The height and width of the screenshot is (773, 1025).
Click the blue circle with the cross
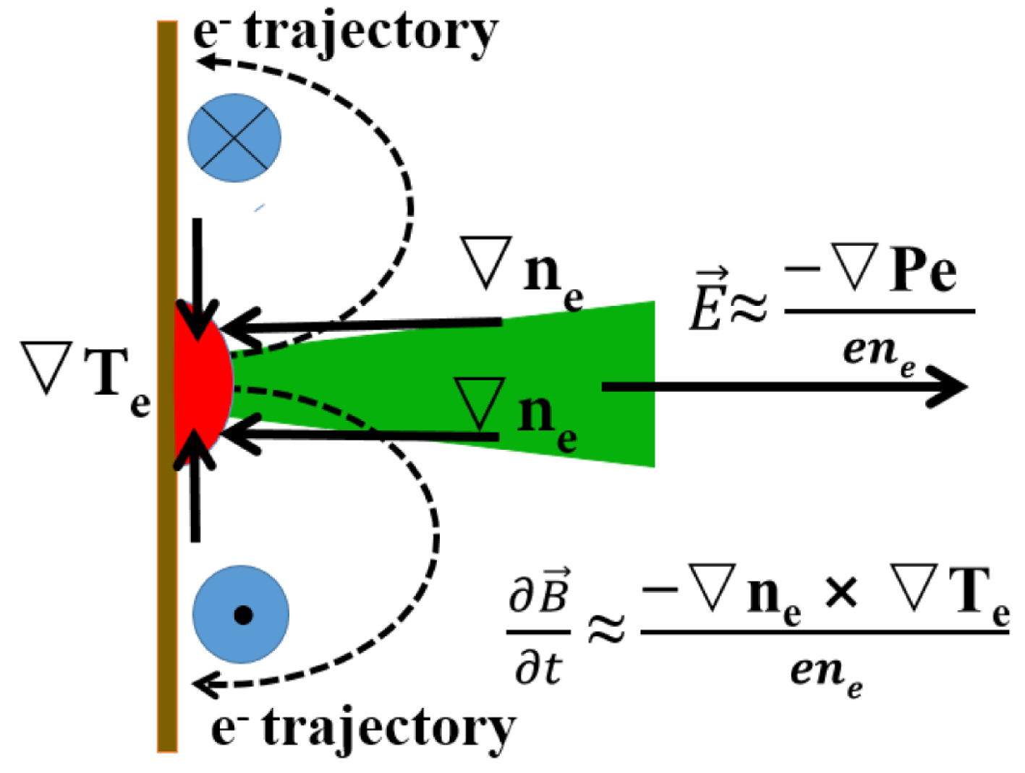click(234, 137)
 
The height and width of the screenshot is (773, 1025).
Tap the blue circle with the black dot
click(241, 615)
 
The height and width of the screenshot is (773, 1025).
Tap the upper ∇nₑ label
click(522, 273)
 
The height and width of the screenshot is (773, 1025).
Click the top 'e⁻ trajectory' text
click(346, 33)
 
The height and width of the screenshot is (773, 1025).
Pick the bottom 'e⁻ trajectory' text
click(363, 729)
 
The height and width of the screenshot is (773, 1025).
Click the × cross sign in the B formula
click(841, 594)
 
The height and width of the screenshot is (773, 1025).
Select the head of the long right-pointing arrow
click(948, 386)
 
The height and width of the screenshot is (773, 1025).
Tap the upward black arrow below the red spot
click(195, 485)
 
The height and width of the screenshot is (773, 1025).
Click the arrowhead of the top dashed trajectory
click(205, 61)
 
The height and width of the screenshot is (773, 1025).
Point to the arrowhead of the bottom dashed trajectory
click(205, 685)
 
